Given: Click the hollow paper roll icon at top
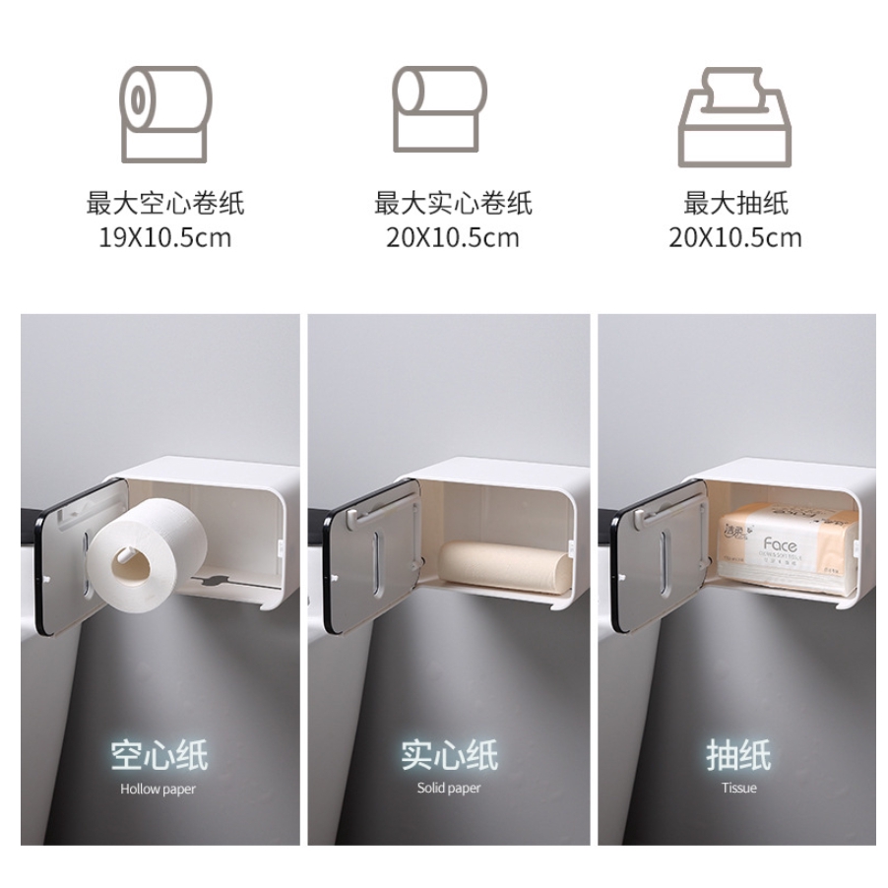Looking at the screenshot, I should [164, 113].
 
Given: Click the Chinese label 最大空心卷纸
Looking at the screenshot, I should [164, 204].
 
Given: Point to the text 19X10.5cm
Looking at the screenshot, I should [164, 237].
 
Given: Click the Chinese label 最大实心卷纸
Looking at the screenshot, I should [452, 204].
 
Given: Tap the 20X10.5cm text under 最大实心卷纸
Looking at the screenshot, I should [452, 237].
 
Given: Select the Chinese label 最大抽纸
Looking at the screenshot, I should [736, 204].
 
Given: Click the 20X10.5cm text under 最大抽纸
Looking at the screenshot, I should [736, 237].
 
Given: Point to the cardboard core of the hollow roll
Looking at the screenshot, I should [131, 564].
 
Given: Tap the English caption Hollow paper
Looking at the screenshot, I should [159, 789].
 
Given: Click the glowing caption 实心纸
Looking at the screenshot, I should [449, 756].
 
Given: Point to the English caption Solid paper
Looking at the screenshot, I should [449, 789].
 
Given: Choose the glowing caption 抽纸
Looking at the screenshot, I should [737, 756].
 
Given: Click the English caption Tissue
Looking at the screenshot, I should [737, 789].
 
